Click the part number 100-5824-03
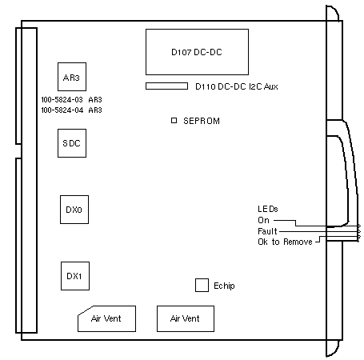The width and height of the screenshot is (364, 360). pyautogui.click(x=62, y=100)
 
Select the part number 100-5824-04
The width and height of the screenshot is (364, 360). pyautogui.click(x=62, y=110)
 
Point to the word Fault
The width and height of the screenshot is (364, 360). pyautogui.click(x=267, y=231)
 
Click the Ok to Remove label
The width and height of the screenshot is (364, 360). pyautogui.click(x=285, y=242)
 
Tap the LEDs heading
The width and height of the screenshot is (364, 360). pyautogui.click(x=268, y=209)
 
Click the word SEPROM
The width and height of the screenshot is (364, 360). pyautogui.click(x=202, y=121)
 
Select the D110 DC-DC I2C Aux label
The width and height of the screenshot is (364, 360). pyautogui.click(x=237, y=86)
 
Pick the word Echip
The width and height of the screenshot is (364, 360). pyautogui.click(x=224, y=286)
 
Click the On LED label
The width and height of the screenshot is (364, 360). pyautogui.click(x=263, y=220)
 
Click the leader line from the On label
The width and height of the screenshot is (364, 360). pyautogui.click(x=296, y=223)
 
